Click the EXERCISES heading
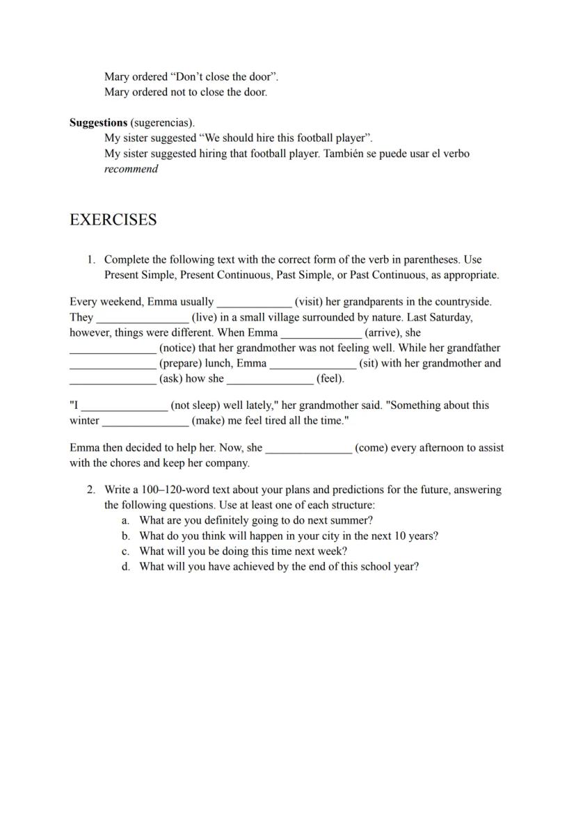pyautogui.click(x=113, y=220)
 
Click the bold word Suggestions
pyautogui.click(x=98, y=123)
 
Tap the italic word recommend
pyautogui.click(x=131, y=169)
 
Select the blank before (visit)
pyautogui.click(x=254, y=303)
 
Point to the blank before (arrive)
pyautogui.click(x=321, y=333)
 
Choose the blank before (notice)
pyautogui.click(x=113, y=348)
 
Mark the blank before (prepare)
pyautogui.click(x=113, y=364)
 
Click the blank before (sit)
pyautogui.click(x=312, y=364)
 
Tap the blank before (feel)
pyautogui.click(x=270, y=379)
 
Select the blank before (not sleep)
pyautogui.click(x=125, y=405)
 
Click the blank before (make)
pyautogui.click(x=145, y=421)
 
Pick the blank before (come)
pyautogui.click(x=308, y=449)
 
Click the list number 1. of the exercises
pyautogui.click(x=91, y=259)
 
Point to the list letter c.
pyautogui.click(x=126, y=551)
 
